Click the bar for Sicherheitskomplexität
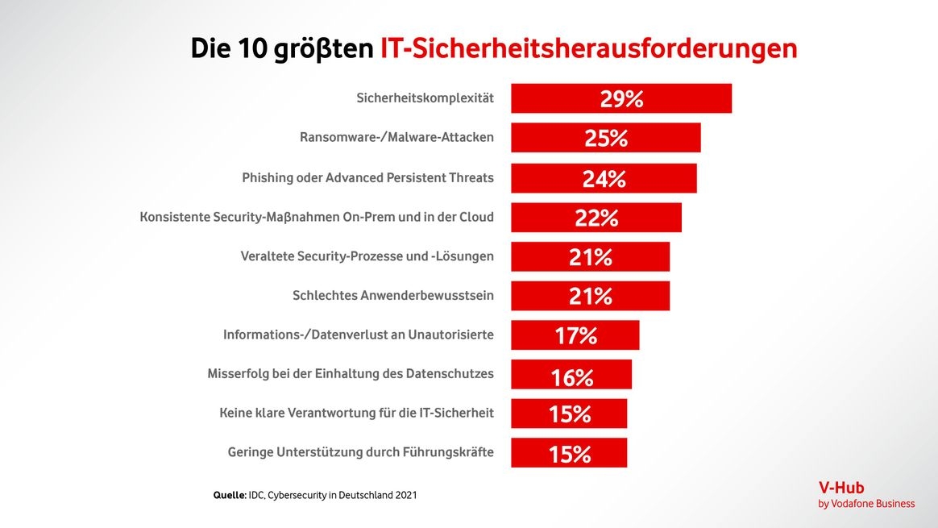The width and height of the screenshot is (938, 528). click(x=620, y=98)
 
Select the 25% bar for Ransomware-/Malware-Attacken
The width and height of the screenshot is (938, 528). click(x=605, y=138)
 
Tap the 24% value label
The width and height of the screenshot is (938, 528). click(x=604, y=178)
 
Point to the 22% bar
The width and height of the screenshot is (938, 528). click(x=596, y=218)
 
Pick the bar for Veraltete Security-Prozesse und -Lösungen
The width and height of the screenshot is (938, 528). click(x=590, y=257)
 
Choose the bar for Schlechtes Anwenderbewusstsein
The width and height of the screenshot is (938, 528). click(x=590, y=296)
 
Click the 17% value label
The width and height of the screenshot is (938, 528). click(x=575, y=335)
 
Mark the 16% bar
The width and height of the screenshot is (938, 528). click(x=571, y=376)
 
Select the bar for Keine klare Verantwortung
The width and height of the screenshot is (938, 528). click(x=569, y=414)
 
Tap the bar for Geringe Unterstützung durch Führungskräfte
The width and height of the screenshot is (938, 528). click(x=569, y=453)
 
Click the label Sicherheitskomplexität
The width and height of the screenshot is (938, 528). click(x=425, y=98)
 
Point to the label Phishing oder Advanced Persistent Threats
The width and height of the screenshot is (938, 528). click(x=367, y=177)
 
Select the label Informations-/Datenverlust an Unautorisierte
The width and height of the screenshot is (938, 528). click(x=358, y=335)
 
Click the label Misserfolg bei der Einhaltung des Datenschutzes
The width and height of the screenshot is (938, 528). click(x=351, y=374)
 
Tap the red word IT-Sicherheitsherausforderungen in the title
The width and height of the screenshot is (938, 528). click(x=588, y=48)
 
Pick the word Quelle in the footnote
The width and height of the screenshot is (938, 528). click(x=229, y=495)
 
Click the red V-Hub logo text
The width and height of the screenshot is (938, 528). click(x=841, y=488)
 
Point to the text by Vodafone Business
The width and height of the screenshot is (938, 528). click(x=866, y=504)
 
